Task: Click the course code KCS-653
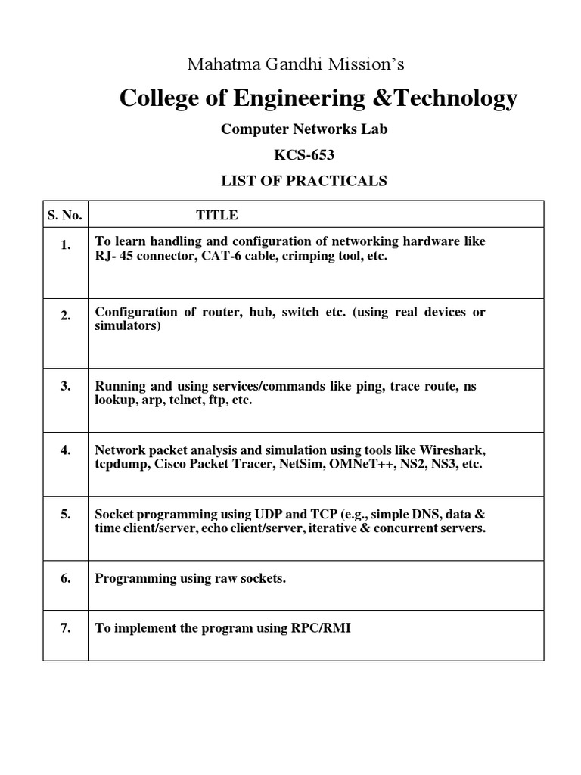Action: (x=303, y=155)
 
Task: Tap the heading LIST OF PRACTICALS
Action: (x=303, y=181)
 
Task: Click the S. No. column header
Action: (x=64, y=215)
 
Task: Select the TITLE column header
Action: (x=217, y=215)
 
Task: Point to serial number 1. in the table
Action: (x=66, y=245)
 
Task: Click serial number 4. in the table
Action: (x=66, y=450)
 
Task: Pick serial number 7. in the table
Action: (x=66, y=628)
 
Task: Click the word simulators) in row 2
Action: (x=128, y=326)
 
